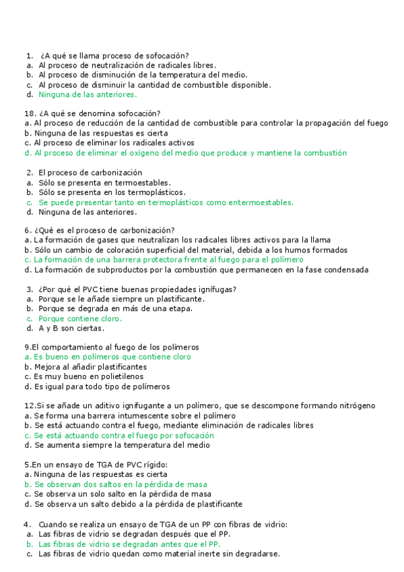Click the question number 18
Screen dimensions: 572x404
[x=28, y=113]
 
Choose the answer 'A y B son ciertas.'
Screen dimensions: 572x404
[x=71, y=328]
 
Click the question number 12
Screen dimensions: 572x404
[x=28, y=406]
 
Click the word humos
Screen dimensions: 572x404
[x=299, y=250]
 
